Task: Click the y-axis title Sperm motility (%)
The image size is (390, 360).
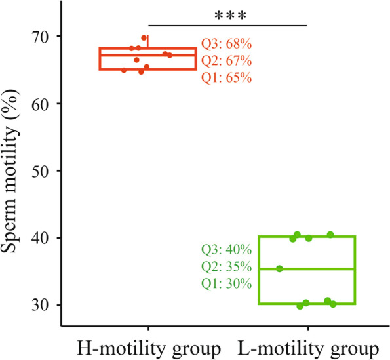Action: (x=14, y=171)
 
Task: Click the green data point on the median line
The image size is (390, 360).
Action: (x=280, y=268)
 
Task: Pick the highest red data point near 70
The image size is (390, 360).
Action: (x=144, y=38)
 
